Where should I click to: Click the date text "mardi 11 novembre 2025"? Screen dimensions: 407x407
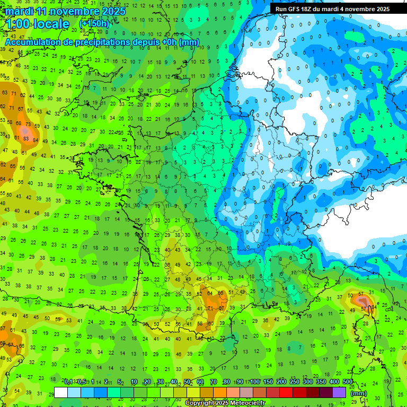coord(66,11)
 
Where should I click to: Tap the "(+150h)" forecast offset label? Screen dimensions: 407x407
coord(94,24)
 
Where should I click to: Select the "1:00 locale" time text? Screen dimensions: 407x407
coord(37,24)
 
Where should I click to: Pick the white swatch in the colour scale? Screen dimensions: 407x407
coord(61,392)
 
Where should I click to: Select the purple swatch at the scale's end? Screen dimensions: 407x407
coord(339,392)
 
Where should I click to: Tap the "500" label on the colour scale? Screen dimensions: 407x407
coord(348,382)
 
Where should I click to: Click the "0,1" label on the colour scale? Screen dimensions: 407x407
coord(68,382)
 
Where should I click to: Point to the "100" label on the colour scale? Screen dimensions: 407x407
coord(255,382)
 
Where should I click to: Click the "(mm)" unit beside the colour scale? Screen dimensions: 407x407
coord(359,393)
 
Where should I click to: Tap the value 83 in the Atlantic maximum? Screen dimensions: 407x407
coord(26,139)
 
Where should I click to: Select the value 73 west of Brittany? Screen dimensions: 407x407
coord(26,124)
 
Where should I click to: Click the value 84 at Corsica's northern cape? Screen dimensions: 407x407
coord(375,306)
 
